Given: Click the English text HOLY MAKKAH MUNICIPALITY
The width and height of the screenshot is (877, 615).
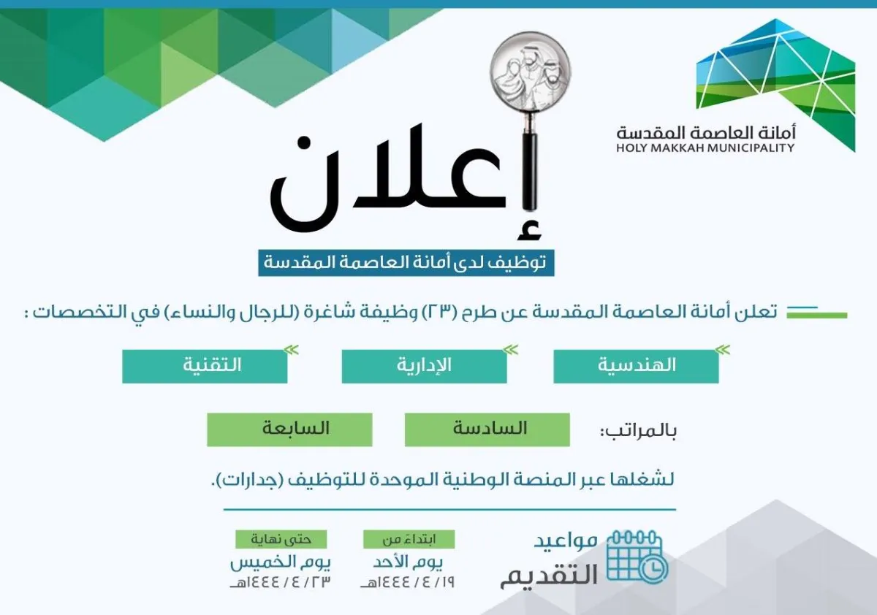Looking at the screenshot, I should tap(705, 148).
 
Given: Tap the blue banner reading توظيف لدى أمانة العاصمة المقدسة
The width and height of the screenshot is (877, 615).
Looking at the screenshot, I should tap(406, 262).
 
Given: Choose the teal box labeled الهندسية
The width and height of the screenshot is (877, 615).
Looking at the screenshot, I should tap(636, 366).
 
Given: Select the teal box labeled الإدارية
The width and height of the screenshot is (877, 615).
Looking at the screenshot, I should tap(424, 366).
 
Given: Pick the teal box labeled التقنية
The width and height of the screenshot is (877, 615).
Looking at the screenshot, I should tap(205, 366).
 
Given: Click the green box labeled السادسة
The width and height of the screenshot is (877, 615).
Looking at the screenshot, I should tap(487, 429).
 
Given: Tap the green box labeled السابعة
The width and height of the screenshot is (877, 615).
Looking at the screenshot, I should tap(289, 429).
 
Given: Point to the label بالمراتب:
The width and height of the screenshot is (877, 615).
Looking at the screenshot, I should tap(638, 431).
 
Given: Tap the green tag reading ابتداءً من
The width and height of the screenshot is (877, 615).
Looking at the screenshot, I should tap(409, 539).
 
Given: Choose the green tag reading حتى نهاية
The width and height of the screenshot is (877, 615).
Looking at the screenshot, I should tap(281, 539).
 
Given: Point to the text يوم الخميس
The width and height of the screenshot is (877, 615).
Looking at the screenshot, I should tap(281, 563).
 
